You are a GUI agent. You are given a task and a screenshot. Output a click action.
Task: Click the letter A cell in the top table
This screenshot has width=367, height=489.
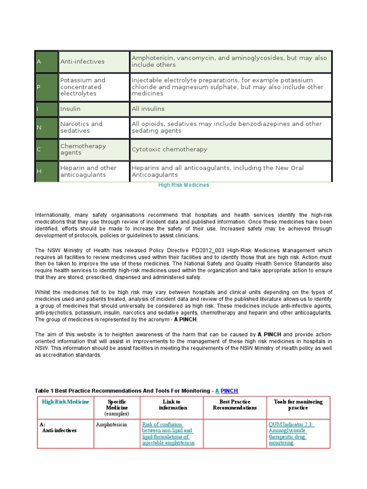pos(46,62)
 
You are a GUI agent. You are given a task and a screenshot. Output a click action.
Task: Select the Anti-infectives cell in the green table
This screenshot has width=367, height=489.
pos(94,62)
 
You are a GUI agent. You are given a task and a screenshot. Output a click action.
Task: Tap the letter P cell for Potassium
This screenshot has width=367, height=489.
pos(46,87)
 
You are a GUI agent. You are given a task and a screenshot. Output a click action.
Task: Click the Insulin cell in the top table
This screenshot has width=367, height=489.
pos(94,109)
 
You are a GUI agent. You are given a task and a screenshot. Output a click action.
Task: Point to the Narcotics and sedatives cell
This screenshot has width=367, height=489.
pos(94,127)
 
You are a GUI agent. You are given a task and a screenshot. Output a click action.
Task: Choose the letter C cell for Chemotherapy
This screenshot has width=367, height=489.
pos(46,149)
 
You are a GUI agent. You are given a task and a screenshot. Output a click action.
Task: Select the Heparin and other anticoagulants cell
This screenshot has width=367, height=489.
pos(94,171)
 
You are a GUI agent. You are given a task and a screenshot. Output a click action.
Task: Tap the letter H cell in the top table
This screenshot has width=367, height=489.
pos(46,171)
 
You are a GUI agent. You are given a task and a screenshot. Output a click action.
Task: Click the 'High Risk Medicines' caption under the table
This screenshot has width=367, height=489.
pos(183,185)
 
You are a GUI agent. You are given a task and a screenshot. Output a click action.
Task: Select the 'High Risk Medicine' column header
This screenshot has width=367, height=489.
pos(65,402)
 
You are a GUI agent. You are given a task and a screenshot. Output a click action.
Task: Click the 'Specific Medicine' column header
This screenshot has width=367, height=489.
pos(117,408)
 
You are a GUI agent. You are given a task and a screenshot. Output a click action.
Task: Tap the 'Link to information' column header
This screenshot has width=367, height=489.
pos(171,405)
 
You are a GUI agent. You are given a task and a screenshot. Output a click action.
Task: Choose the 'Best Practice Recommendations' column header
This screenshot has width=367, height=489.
pos(235,405)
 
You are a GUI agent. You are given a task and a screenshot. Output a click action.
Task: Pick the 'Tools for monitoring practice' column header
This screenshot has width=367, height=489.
pos(298,405)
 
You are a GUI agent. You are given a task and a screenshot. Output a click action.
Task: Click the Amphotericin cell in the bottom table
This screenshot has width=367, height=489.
pos(111,425)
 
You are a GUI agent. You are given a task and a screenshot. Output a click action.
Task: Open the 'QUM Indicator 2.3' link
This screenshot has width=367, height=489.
pos(291,425)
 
